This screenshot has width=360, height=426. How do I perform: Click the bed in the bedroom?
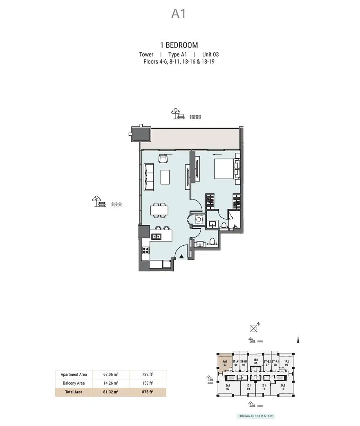point(225,168)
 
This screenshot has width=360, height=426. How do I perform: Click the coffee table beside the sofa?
point(165,177)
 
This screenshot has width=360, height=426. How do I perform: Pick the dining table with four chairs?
point(159,210)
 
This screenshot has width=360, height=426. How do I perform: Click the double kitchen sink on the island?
point(157,236)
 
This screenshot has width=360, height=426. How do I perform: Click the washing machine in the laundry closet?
point(199,220)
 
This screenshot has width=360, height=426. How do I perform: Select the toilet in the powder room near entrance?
point(211,242)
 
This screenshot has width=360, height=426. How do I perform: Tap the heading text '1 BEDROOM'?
point(179,45)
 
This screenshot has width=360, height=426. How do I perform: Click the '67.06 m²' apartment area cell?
point(111,374)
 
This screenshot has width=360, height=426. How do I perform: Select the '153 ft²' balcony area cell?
point(148,383)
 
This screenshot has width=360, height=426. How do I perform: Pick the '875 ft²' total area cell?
point(148,392)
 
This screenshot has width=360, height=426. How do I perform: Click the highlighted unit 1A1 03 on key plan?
point(224,363)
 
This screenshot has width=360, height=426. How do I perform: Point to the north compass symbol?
point(255,327)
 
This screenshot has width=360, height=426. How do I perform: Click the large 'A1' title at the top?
point(179,13)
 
